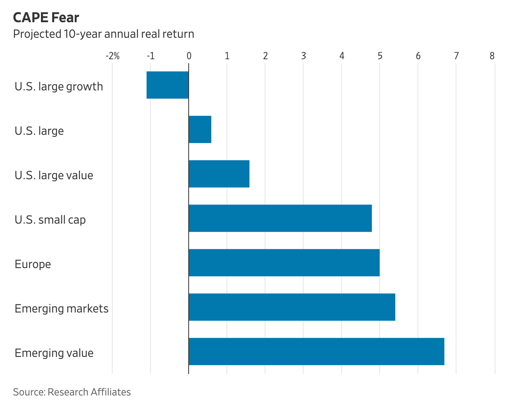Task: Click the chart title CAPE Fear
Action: point(46,18)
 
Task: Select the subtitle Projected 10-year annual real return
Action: point(103,34)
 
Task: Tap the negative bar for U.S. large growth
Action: point(168,85)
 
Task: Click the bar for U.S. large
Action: point(200,129)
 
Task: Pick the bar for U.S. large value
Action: point(219,174)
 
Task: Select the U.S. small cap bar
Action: point(280,218)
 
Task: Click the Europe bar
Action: point(284,263)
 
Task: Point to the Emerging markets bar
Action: point(292,307)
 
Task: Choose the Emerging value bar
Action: point(316,351)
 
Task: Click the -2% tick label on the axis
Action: point(113,56)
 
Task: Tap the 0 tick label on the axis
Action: point(189,56)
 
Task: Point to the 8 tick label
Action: point(492,56)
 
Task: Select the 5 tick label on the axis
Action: point(380,56)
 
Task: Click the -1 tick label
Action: point(150,56)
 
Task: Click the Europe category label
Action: point(33,264)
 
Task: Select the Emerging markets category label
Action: point(62,309)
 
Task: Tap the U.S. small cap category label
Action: point(50,220)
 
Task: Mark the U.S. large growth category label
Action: point(59,86)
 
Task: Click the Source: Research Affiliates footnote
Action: point(72,392)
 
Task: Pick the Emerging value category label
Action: point(54,353)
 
